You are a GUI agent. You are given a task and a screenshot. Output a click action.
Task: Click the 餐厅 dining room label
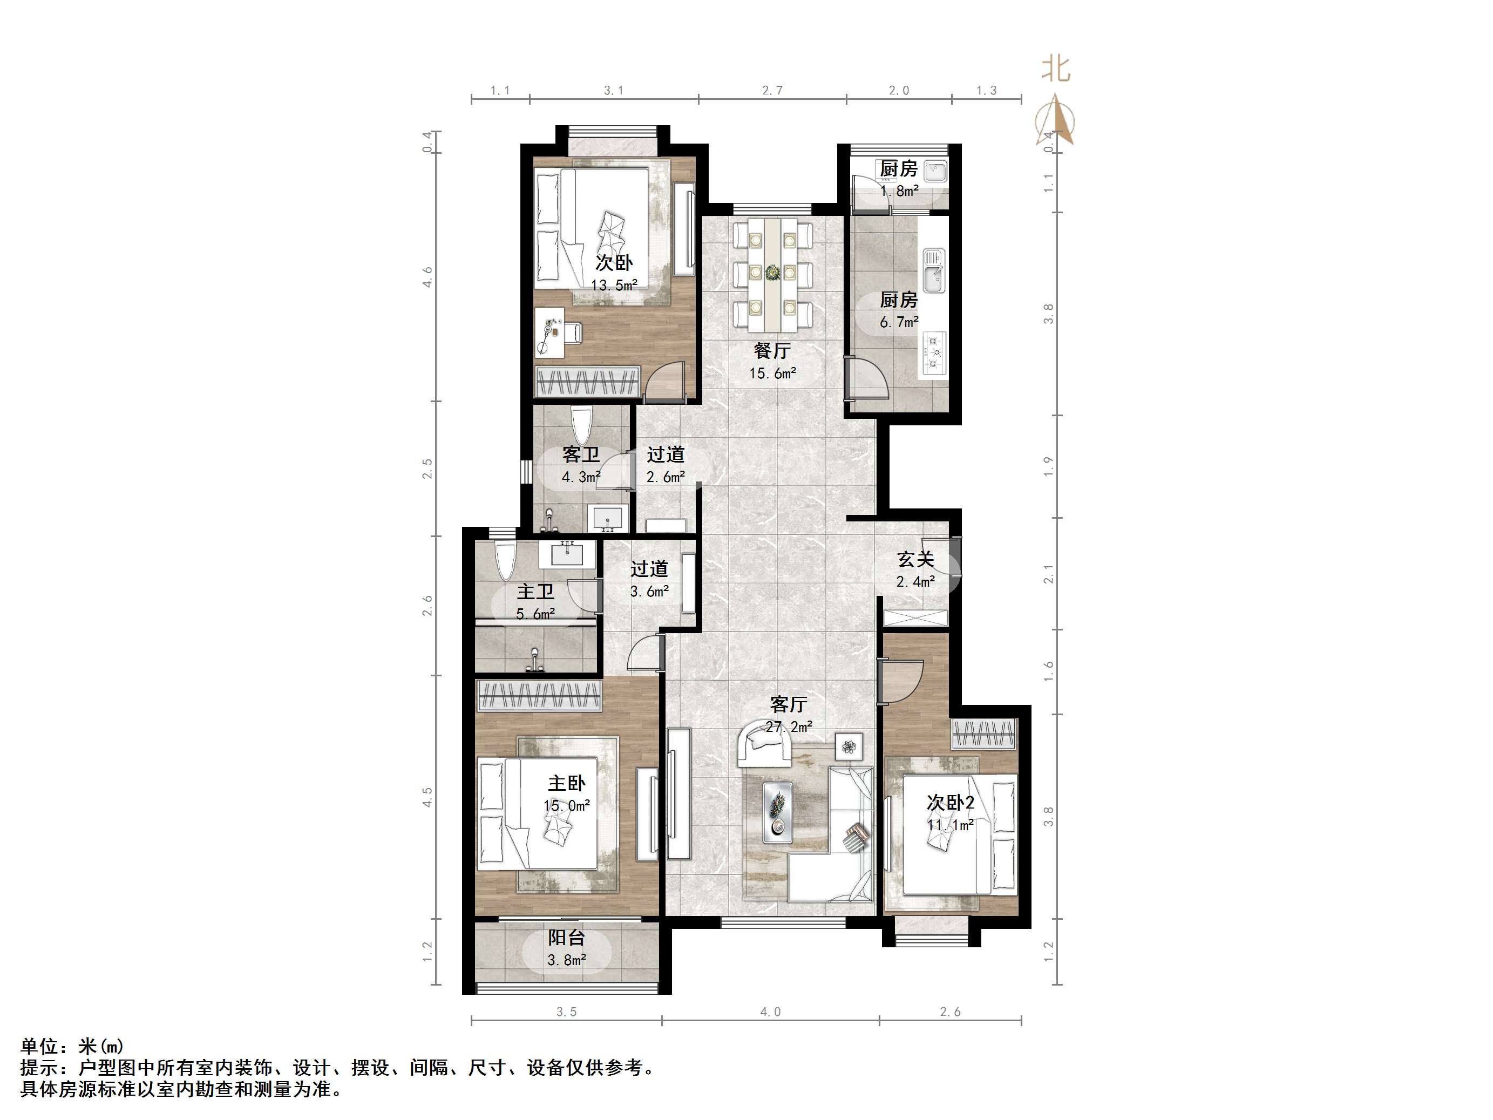click(x=772, y=350)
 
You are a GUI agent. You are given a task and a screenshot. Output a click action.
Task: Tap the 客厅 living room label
click(x=789, y=704)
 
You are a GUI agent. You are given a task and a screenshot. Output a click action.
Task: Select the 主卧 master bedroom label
click(x=566, y=783)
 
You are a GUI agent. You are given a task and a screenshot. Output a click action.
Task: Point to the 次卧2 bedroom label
click(x=951, y=803)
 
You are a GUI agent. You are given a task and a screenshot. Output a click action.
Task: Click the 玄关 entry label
click(x=915, y=559)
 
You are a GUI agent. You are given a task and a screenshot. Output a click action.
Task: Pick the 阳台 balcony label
click(x=566, y=938)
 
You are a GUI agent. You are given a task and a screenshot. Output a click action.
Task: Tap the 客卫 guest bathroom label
click(x=580, y=455)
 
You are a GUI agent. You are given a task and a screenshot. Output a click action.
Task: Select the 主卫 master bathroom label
click(x=535, y=592)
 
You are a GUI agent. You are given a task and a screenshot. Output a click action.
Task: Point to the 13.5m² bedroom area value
click(x=614, y=285)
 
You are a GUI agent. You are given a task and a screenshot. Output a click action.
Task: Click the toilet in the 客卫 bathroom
click(x=580, y=426)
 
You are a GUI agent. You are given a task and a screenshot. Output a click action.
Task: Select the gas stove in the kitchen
click(x=934, y=353)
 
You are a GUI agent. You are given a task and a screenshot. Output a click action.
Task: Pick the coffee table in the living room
click(x=778, y=812)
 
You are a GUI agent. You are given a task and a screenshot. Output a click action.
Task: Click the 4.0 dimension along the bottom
click(x=770, y=1012)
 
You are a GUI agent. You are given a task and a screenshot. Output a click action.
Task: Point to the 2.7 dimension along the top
click(x=772, y=91)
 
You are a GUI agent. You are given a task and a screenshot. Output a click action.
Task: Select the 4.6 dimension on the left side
click(x=427, y=277)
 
